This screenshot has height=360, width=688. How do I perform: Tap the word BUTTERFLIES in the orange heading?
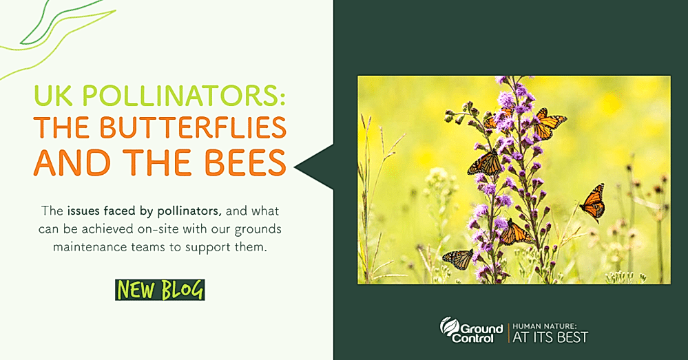[193, 127]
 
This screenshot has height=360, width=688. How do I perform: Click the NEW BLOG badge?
[160, 290]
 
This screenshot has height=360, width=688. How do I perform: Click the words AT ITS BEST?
[550, 337]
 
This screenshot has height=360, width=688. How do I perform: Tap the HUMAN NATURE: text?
[544, 326]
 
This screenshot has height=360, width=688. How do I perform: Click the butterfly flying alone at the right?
[593, 202]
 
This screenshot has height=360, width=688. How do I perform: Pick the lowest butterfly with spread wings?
[458, 259]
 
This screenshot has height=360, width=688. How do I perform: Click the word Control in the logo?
[472, 339]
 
